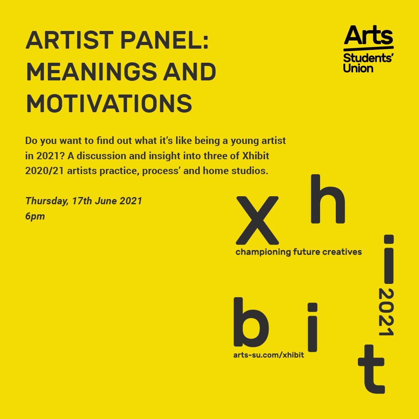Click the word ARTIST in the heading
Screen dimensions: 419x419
70,40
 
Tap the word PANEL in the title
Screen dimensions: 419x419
164,40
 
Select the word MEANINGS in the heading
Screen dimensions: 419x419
91,72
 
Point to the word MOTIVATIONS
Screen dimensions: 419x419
109,103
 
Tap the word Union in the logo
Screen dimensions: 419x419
358,68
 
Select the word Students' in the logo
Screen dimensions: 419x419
368,58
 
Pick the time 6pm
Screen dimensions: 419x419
35,216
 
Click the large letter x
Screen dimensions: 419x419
257,220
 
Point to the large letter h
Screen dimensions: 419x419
328,199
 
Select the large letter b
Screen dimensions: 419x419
251,322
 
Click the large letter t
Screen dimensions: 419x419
371,369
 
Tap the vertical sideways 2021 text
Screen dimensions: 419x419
386,312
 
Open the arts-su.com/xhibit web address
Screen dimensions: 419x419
269,355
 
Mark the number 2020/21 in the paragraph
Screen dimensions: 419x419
45,171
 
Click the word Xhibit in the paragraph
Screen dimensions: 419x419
255,156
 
